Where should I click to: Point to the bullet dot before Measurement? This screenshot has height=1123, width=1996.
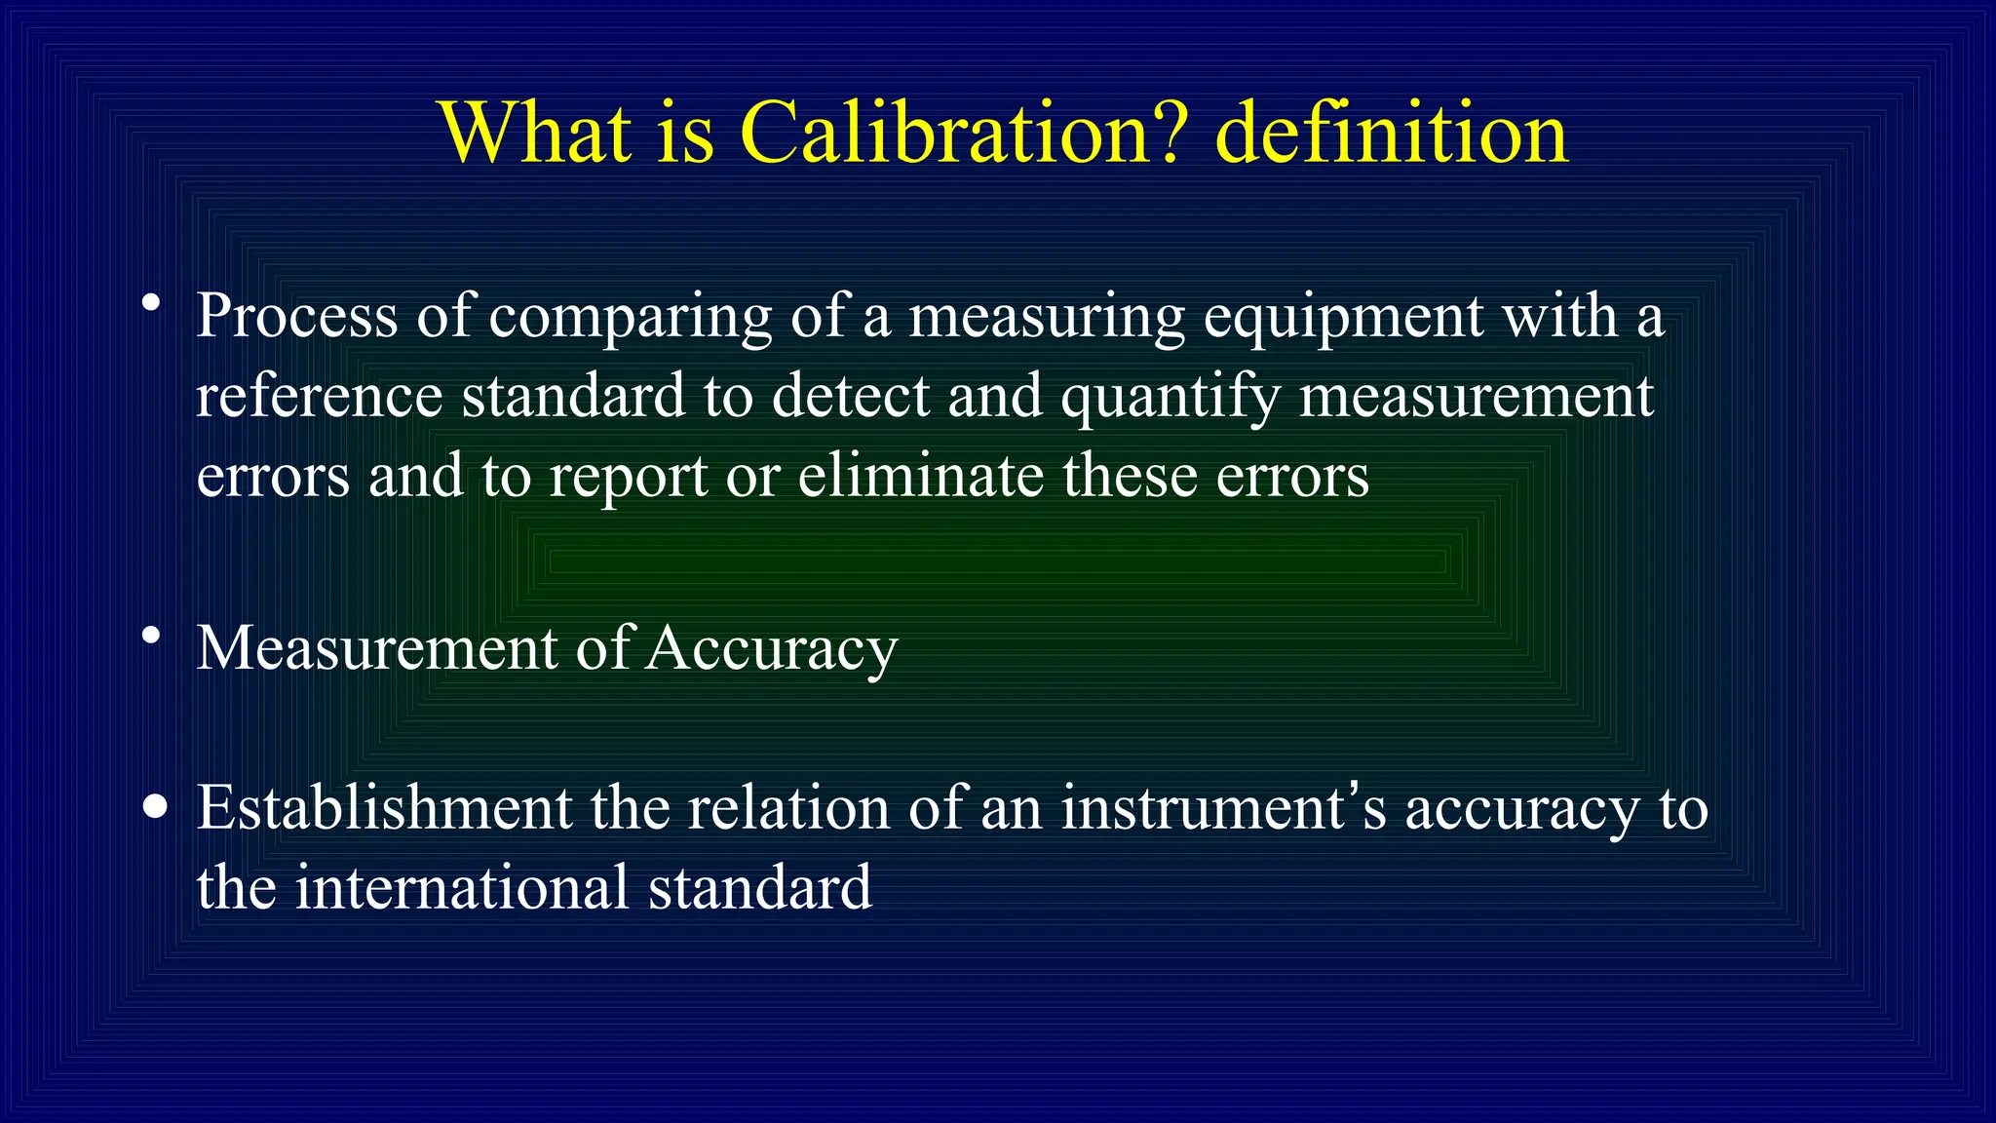click(150, 636)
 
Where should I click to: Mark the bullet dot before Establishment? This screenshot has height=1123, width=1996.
click(154, 807)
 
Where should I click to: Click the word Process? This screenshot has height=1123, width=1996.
click(297, 317)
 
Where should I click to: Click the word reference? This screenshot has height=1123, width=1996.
click(320, 397)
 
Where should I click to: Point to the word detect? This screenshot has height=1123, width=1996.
click(851, 397)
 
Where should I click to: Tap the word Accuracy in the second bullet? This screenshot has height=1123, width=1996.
click(771, 649)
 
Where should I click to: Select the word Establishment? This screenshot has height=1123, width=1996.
click(384, 808)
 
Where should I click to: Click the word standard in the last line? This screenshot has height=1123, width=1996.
click(760, 888)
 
